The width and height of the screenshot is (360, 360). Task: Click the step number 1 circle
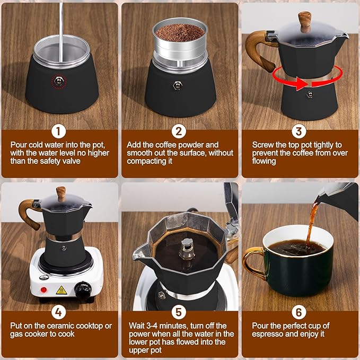click(58, 131)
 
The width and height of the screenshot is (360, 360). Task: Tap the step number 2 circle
click(179, 131)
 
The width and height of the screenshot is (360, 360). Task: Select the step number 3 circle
click(298, 131)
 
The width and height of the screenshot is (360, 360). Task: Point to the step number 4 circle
click(58, 312)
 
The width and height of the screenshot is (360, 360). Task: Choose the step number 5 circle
click(179, 312)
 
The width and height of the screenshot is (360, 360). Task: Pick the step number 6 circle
click(298, 312)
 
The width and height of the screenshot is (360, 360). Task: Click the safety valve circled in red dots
click(59, 81)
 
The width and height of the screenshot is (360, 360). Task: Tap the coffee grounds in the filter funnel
click(180, 32)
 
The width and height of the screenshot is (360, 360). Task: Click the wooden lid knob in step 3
click(305, 22)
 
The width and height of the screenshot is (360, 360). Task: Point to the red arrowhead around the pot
click(300, 84)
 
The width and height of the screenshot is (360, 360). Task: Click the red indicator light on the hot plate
click(43, 289)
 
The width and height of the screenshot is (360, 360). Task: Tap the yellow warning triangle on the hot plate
click(62, 291)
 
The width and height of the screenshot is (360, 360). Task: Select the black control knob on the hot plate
click(83, 290)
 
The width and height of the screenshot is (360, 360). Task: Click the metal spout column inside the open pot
click(187, 249)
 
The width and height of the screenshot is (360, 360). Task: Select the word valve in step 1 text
click(72, 161)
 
